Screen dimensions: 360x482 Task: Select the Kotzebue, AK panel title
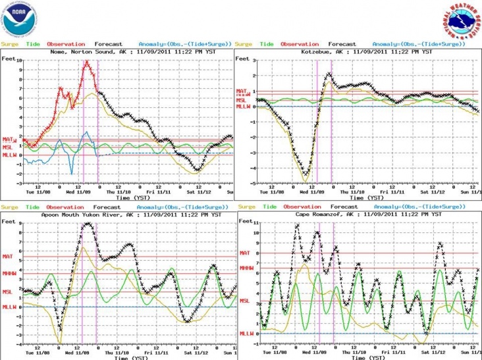point(359,51)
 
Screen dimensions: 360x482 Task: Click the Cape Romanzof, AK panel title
point(359,215)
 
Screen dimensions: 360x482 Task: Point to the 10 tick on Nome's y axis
point(20,60)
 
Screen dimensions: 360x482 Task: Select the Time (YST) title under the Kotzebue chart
point(359,197)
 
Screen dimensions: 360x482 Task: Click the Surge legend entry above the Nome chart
point(9,44)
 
